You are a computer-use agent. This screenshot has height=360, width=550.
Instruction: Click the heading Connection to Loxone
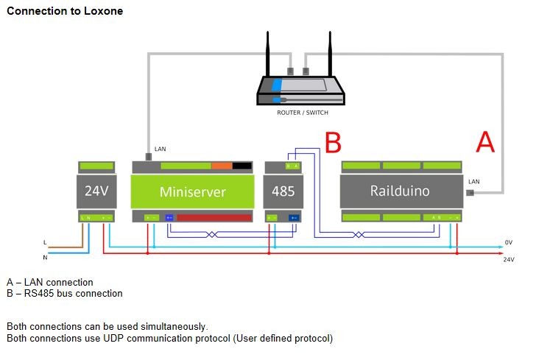[x=65, y=12]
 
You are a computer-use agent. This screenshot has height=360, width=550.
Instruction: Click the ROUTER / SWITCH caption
[x=302, y=113]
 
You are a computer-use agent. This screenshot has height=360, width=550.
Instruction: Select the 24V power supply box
[x=96, y=191]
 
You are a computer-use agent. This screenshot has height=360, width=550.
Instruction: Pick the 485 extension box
[x=283, y=191]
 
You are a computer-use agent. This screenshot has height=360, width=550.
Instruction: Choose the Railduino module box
[x=400, y=191]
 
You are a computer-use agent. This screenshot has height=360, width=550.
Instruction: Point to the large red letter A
[x=485, y=142]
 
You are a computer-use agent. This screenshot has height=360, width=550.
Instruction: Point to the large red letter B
[x=333, y=143]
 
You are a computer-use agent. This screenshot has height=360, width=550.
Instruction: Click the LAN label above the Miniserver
[x=160, y=149]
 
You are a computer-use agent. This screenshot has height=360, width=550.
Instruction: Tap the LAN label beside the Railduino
[x=473, y=181]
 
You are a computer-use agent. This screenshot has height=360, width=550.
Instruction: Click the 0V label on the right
[x=508, y=241]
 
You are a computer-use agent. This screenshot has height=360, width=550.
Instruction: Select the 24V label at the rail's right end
[x=508, y=259]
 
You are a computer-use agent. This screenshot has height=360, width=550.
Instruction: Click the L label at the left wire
[x=46, y=241]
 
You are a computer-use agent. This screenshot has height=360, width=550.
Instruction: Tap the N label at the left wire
[x=46, y=258]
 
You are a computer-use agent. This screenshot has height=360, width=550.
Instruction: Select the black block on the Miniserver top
[x=241, y=166]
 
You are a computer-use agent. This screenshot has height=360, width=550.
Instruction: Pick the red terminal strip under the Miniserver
[x=213, y=218]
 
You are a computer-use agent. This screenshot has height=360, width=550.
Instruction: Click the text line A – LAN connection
[x=50, y=282]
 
